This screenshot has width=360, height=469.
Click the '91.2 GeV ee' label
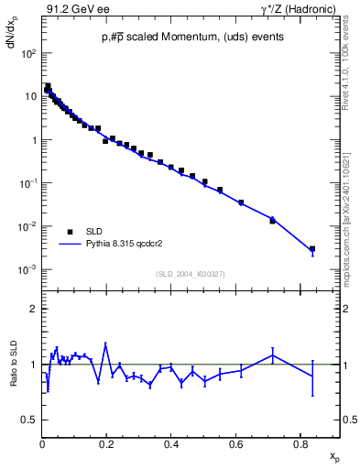coord(71,9)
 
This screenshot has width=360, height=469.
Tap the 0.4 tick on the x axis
coord(171,444)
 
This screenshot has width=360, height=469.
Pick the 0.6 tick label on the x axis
coord(235,444)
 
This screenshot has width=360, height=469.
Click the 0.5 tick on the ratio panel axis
coord(29,420)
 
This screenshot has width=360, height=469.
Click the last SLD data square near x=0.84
coord(312,248)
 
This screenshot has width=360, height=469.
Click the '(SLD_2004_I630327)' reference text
coord(191,274)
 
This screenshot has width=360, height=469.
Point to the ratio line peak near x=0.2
coord(106,344)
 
